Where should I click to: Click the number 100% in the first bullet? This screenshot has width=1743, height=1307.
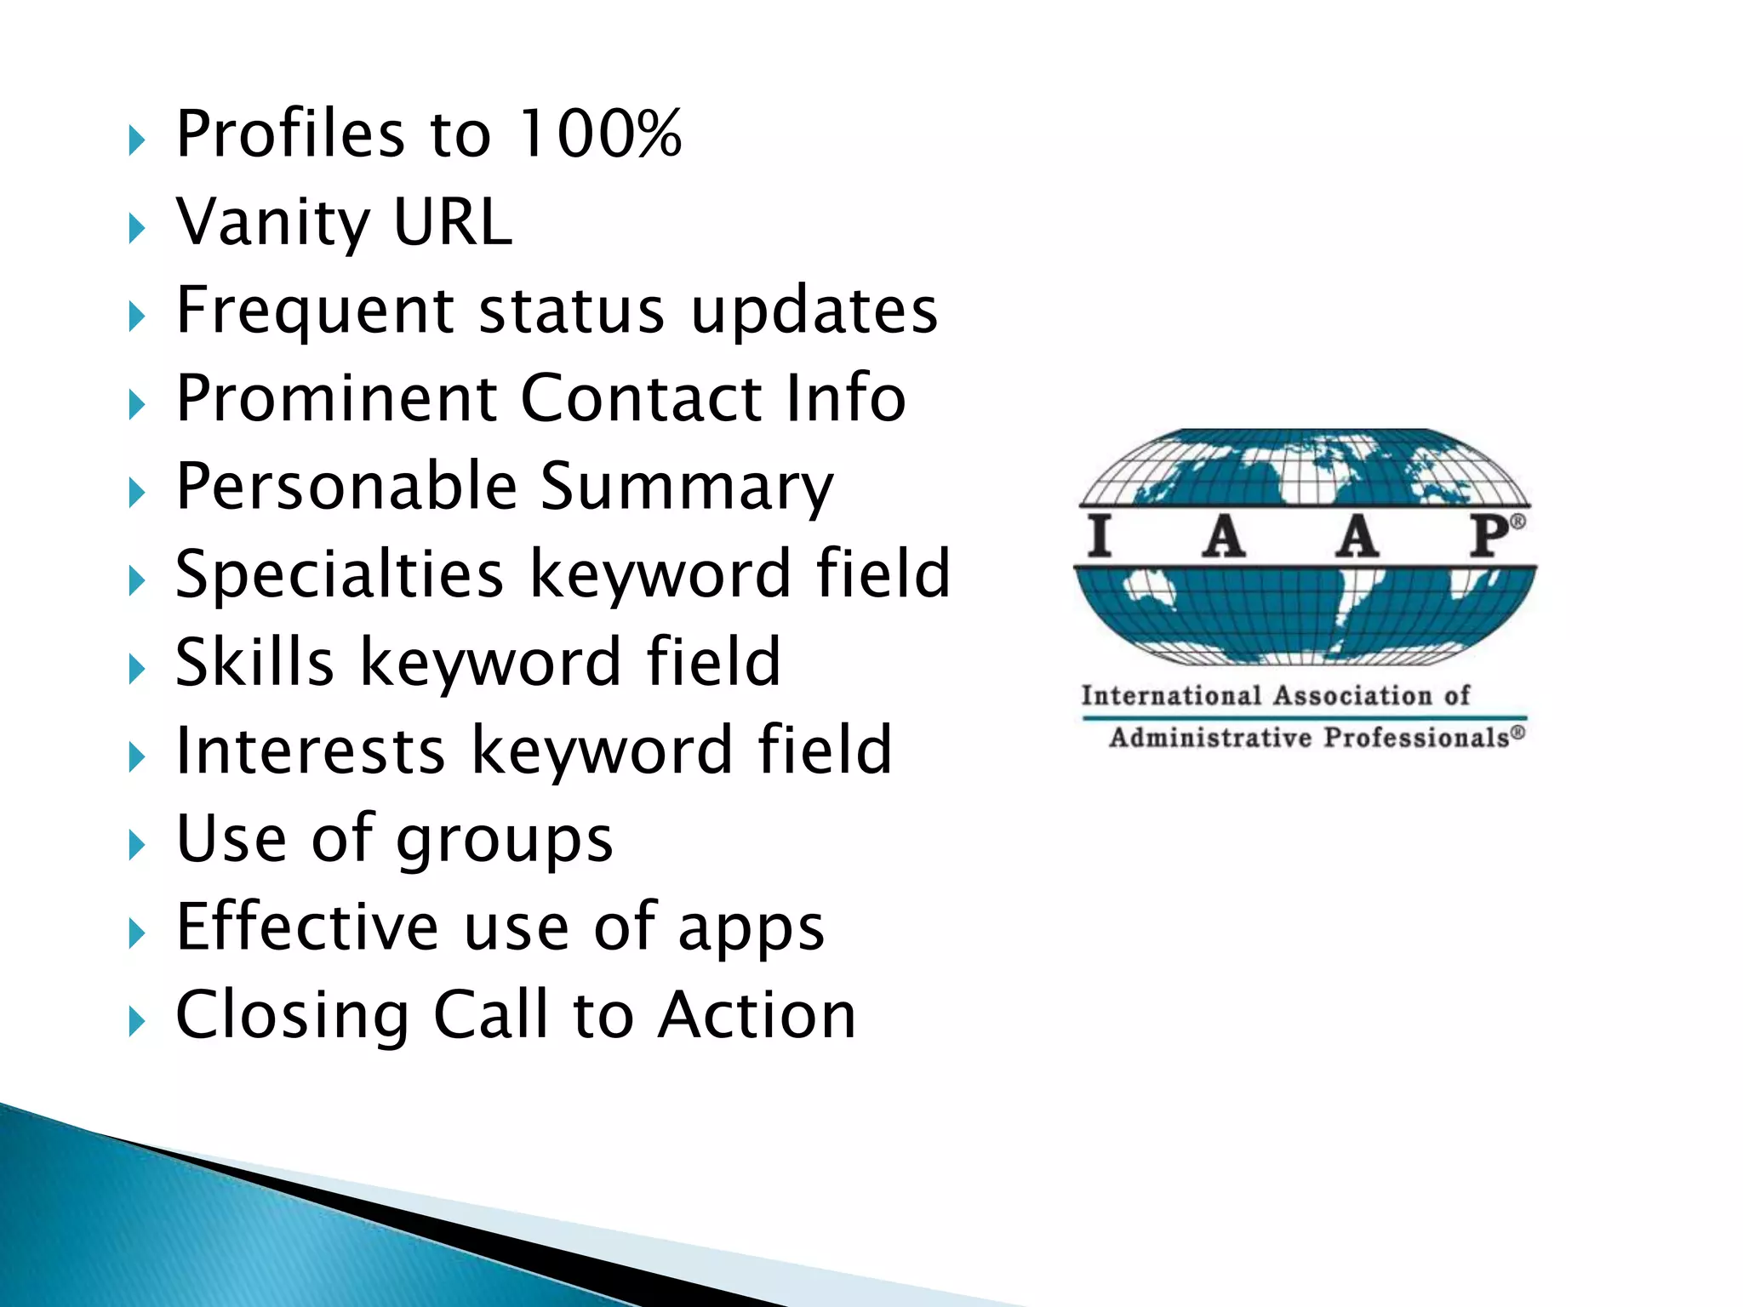coord(600,134)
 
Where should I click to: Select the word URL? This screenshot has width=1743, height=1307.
coord(453,223)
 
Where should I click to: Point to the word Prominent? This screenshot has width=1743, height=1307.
coord(336,398)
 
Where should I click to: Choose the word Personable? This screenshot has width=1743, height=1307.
coord(346,487)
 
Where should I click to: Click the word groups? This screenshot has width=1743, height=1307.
coord(505,841)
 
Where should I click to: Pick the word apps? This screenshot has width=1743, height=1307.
coord(751,929)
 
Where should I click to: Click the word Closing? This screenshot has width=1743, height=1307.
coord(292,1016)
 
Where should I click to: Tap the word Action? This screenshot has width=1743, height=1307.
coord(757,1016)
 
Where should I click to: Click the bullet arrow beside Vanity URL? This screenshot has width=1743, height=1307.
coord(136,228)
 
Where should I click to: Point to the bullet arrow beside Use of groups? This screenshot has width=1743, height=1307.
coord(136,845)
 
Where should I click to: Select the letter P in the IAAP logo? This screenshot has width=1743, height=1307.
coord(1490,536)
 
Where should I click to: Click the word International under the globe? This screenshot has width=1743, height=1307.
coord(1171,696)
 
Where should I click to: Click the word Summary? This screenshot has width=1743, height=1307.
coord(687,487)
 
